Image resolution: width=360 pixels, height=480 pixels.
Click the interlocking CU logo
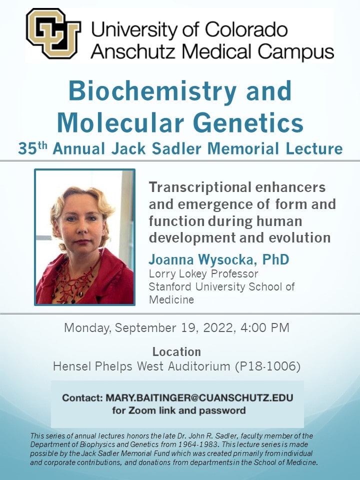coord(53,33)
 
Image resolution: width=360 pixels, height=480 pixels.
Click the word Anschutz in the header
coord(132,51)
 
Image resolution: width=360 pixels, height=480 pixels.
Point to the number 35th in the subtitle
coord(33,148)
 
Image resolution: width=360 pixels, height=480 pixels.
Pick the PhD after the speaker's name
coord(275,259)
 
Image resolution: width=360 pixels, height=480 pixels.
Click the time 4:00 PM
coord(265,327)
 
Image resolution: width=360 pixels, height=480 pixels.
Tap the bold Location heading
coord(176,351)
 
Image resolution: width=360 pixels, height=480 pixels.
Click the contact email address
coord(199,397)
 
